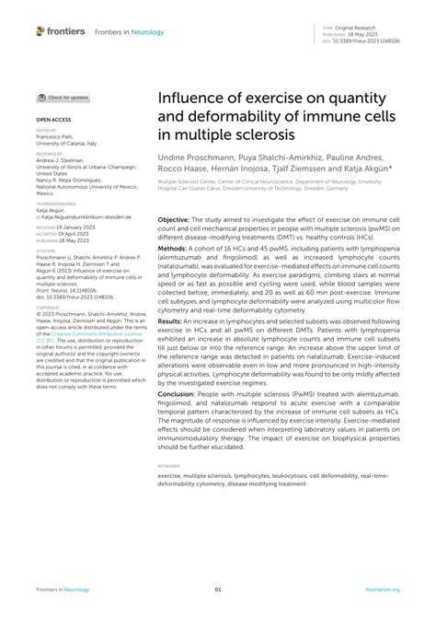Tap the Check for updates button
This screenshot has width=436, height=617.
coord(63,97)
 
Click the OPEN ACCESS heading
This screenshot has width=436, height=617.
coord(53,121)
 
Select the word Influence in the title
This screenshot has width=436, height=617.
coord(195,97)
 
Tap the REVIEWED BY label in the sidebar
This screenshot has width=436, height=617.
coord(51,157)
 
